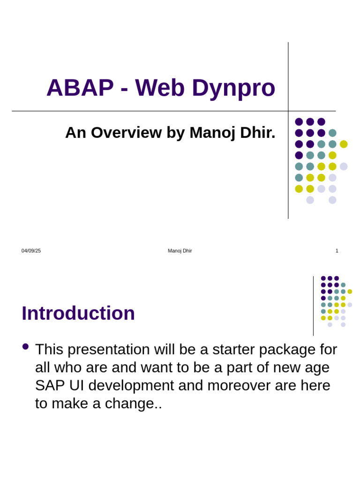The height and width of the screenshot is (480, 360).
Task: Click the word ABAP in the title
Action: click(x=80, y=88)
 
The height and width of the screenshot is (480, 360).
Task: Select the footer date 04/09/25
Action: click(x=31, y=251)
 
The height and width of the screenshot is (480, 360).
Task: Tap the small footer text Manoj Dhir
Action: click(x=180, y=251)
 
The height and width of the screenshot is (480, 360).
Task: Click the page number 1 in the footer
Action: click(x=337, y=251)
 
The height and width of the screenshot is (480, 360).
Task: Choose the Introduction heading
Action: click(x=78, y=313)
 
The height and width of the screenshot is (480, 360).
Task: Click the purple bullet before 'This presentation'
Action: click(x=25, y=347)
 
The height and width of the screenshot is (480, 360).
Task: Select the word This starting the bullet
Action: click(x=51, y=350)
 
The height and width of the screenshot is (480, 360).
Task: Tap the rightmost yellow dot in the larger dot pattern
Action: click(x=344, y=144)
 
